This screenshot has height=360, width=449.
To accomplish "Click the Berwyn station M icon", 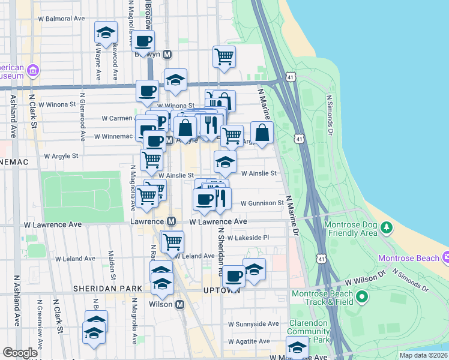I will [167, 54].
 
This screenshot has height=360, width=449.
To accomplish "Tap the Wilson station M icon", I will [179, 305].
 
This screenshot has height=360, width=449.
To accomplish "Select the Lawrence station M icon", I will [171, 221].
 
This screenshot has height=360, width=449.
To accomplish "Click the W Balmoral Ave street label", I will [62, 19].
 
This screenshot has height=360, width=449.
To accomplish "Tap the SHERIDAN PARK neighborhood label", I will [107, 289].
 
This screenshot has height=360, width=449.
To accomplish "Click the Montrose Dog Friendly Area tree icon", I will [387, 227].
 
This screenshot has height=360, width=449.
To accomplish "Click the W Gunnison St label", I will [262, 203].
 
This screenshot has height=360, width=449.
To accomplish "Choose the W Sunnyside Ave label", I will [253, 324].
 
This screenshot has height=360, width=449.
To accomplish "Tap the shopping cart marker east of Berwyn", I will [224, 57].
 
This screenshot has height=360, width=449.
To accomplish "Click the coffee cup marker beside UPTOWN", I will [234, 276].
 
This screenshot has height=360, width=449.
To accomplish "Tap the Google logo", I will [20, 353].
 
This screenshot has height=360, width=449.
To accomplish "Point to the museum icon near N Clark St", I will [33, 71].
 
